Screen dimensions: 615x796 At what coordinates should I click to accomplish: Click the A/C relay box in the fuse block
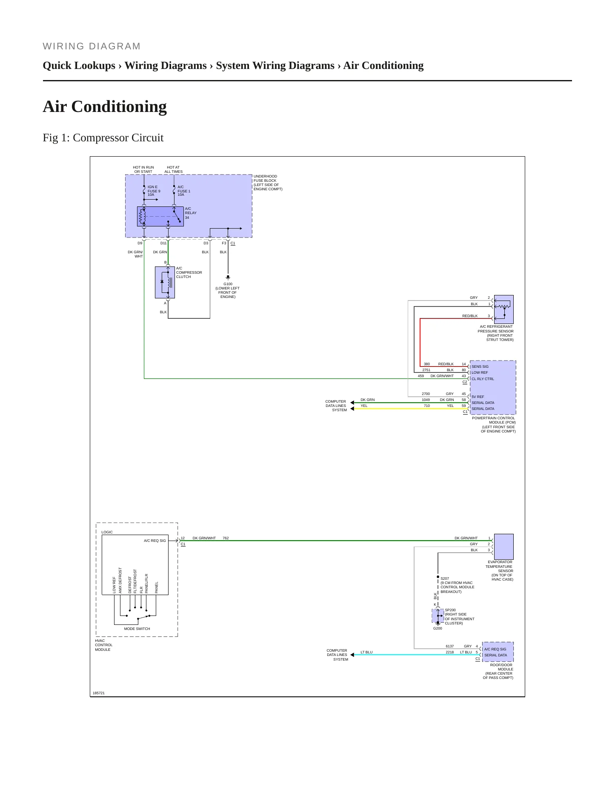coord(160,217)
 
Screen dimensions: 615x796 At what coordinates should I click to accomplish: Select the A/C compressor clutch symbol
coord(165,282)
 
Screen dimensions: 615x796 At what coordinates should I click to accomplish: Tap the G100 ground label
coord(228,284)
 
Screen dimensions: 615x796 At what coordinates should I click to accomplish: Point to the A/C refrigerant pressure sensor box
coord(503,309)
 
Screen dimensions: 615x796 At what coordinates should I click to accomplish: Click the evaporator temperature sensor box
coord(503,547)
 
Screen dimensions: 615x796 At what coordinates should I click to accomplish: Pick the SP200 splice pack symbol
coord(438,616)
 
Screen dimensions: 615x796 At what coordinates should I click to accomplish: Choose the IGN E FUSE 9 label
coord(154,191)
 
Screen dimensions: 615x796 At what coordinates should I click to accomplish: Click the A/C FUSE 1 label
coord(184,191)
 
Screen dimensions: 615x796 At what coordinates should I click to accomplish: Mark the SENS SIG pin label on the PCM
coord(480,367)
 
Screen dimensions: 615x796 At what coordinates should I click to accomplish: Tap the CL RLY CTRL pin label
coord(483,379)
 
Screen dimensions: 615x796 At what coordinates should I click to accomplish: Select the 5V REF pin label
coord(478,397)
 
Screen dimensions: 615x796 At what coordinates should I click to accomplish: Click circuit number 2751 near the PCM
coord(426,370)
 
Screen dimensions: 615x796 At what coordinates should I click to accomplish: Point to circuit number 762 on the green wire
coord(226,538)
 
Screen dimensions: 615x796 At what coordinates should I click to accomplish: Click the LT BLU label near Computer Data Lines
coord(366,652)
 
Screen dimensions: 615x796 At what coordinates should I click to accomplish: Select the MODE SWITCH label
coord(137,629)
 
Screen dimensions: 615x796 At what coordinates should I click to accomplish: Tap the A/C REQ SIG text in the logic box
coord(155,541)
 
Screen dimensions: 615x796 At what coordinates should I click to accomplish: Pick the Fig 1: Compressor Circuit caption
coord(103,138)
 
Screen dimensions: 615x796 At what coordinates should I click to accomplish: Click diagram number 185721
coord(99,693)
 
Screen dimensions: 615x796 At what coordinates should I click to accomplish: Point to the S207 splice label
coord(445,578)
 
